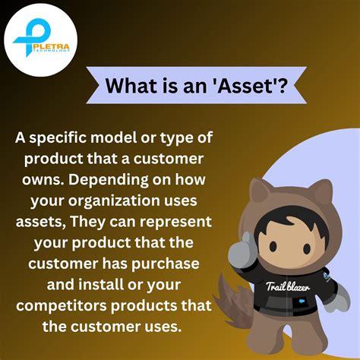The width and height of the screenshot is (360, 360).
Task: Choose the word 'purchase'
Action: [168, 265]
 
